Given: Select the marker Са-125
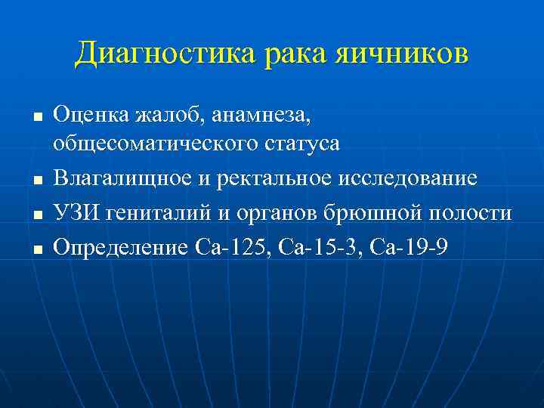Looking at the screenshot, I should [224, 247].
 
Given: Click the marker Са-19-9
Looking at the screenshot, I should [408, 247].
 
